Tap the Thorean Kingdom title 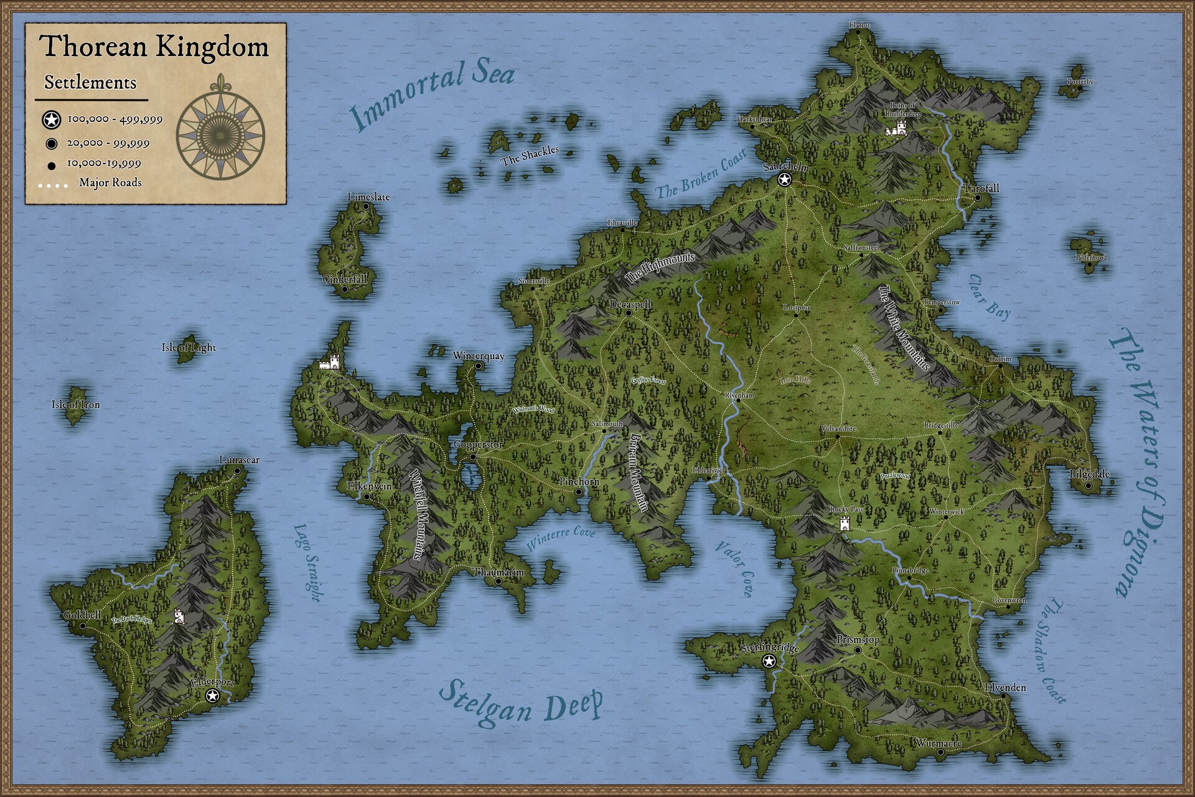154,47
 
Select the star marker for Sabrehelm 785,180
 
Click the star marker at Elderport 212,696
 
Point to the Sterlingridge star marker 769,661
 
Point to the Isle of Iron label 75,405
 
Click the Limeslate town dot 366,206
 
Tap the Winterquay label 479,356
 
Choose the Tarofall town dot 978,198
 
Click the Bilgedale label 1089,474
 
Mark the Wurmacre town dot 940,752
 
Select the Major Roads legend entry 110,182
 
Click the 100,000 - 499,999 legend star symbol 52,120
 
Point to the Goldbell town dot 83,626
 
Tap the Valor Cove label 734,568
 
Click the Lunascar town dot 237,471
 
